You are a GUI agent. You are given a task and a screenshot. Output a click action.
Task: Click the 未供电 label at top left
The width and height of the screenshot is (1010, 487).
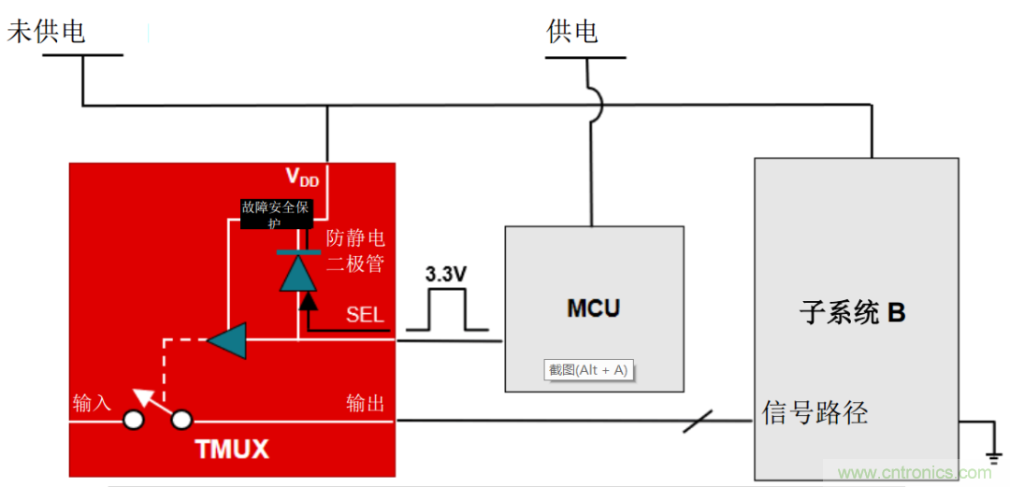click(47, 32)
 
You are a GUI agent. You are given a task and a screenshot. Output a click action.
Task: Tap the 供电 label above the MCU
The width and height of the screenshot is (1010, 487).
click(572, 32)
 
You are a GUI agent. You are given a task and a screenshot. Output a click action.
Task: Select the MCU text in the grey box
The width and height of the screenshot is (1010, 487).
click(593, 308)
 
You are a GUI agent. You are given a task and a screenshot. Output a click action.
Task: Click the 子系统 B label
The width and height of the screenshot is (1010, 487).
click(852, 312)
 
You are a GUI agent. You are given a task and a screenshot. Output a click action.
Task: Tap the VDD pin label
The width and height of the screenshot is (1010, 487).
click(301, 178)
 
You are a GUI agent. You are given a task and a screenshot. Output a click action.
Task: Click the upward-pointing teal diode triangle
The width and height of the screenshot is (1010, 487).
click(295, 274)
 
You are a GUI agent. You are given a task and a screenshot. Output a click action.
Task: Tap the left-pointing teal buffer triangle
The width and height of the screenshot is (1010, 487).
click(226, 340)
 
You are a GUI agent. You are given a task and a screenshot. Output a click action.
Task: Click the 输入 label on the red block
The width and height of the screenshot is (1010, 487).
click(92, 403)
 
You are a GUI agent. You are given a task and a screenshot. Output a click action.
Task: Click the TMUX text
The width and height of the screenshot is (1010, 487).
click(232, 450)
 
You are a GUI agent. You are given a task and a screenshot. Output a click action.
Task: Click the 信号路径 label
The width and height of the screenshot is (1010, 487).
click(815, 412)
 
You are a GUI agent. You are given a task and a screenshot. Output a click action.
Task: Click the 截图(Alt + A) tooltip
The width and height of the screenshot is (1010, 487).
click(588, 370)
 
